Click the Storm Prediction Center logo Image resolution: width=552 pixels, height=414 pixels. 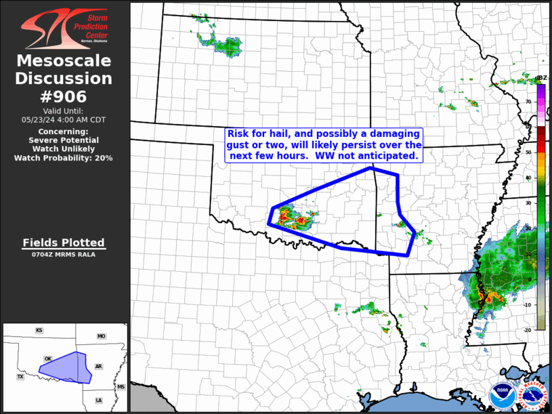64,27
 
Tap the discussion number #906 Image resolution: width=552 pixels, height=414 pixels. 64,96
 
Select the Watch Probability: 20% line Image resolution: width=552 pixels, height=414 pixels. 64,158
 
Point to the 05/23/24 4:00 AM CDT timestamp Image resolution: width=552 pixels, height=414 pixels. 64,119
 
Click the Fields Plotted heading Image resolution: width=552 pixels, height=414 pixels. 64,243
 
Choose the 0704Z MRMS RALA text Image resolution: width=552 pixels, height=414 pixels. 64,255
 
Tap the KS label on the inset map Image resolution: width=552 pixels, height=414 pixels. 39,331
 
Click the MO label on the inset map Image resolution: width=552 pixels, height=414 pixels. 102,336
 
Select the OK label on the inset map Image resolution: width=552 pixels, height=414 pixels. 47,358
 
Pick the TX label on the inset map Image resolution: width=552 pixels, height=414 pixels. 20,377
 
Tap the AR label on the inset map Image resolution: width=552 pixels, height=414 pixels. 98,366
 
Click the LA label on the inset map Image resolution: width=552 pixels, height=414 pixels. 99,400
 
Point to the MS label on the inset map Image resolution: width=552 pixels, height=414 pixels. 121,387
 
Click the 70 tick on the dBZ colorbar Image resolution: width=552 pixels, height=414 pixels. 528,102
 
